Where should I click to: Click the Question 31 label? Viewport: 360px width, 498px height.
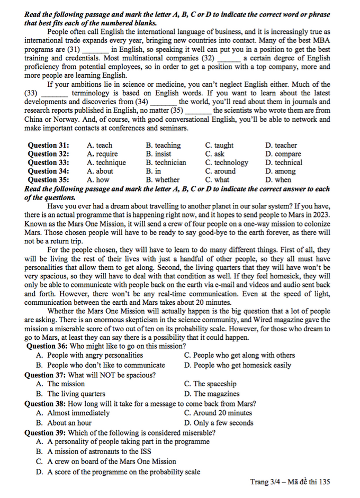tap(48, 146)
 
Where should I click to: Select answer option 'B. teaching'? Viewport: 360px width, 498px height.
tap(164, 146)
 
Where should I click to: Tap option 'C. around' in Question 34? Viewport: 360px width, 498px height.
tap(221, 171)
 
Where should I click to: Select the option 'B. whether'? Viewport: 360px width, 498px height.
tap(163, 180)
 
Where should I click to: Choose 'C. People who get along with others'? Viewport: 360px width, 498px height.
tap(239, 356)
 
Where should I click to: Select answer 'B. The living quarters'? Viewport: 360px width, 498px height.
tap(70, 394)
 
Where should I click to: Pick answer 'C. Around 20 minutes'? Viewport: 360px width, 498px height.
tap(218, 413)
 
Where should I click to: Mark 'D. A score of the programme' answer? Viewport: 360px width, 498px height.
tap(118, 472)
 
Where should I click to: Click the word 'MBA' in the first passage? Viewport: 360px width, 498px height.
tap(321, 41)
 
